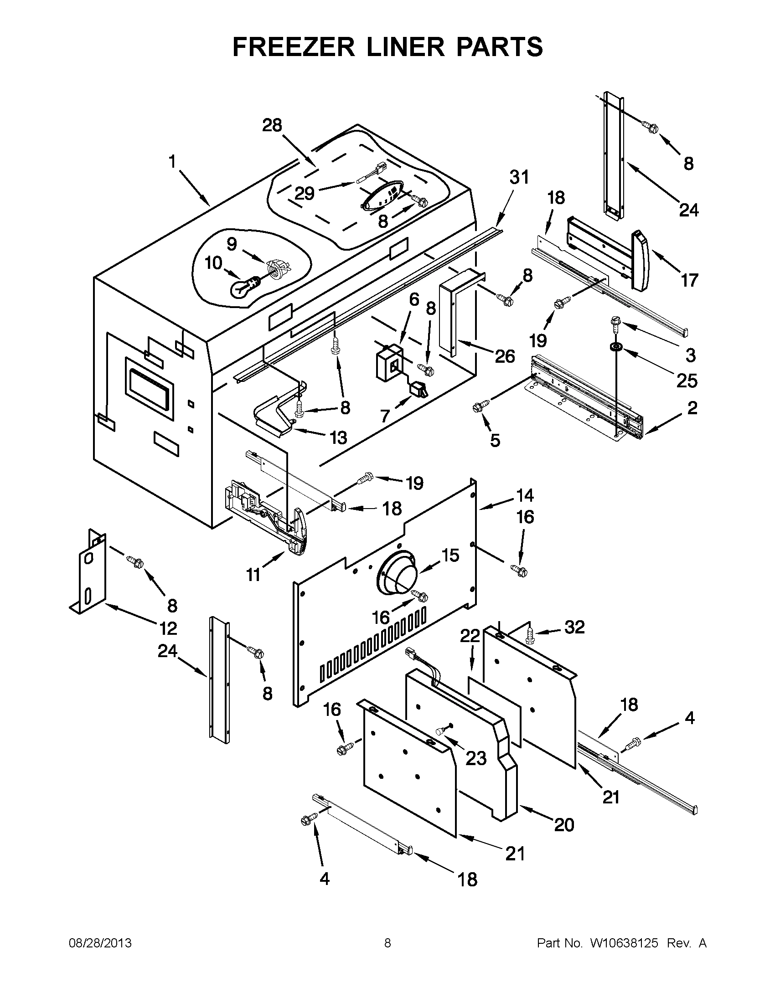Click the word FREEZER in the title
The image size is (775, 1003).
[294, 47]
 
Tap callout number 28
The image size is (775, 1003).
[272, 125]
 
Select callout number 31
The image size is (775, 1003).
[519, 177]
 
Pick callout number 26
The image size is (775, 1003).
[505, 356]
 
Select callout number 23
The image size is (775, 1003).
[475, 758]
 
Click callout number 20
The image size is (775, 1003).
[564, 825]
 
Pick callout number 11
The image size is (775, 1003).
[254, 575]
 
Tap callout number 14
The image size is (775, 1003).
[525, 495]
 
